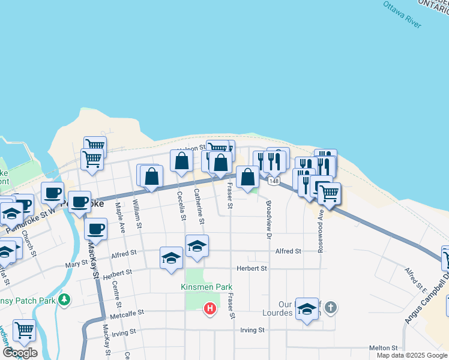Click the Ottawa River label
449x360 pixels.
tap(403, 14)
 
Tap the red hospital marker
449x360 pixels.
tap(210, 308)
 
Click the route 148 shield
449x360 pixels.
tap(274, 181)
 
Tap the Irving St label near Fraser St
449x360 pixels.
tap(252, 330)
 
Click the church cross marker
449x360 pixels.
tap(331, 308)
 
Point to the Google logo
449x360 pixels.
tap(20, 353)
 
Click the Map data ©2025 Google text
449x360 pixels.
tap(412, 356)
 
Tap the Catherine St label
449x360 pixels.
tap(198, 206)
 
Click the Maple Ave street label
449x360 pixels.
tap(120, 217)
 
